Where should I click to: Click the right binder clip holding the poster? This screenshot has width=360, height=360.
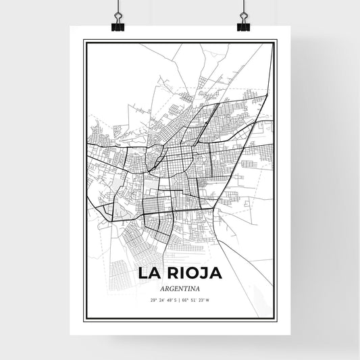tap(243, 24)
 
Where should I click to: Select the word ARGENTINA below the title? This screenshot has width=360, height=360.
tap(180, 288)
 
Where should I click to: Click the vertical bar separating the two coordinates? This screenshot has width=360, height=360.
tap(180, 300)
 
